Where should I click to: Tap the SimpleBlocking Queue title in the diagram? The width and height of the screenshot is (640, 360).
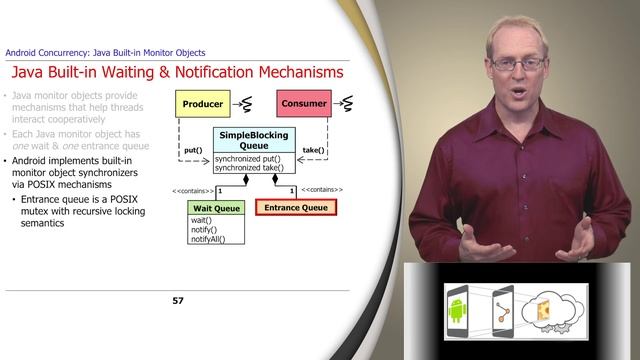click(x=254, y=140)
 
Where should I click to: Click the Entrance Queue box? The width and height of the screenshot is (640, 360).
click(x=296, y=208)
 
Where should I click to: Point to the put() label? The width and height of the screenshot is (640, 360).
click(x=193, y=150)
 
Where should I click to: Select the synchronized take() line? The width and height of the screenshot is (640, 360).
click(x=254, y=168)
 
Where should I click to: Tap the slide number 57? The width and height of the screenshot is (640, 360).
click(x=179, y=300)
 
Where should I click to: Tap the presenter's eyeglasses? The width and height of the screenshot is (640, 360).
click(x=516, y=62)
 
